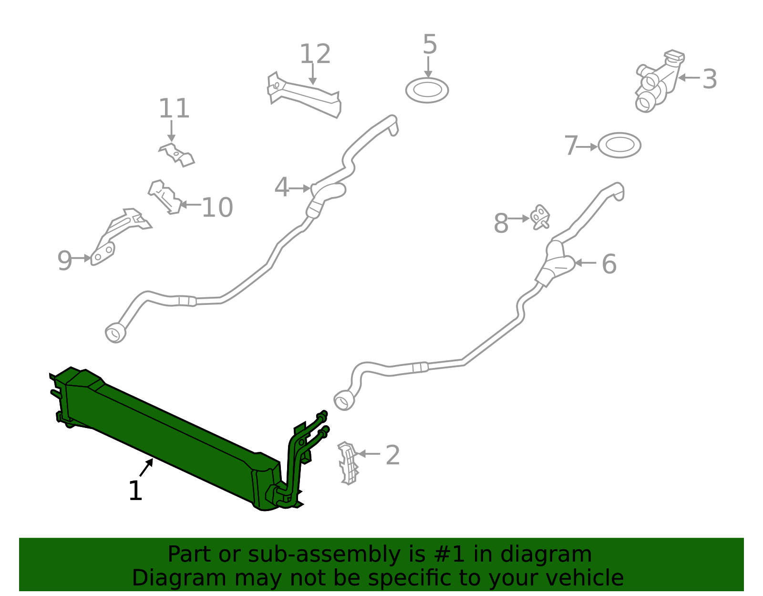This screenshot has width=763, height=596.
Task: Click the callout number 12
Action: coord(315,54)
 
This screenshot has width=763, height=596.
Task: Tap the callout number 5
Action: coord(430,44)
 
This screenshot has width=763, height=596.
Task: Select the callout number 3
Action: coord(709,79)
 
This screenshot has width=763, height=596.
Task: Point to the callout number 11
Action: coord(174,108)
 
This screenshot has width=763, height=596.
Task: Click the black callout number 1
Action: coord(135,491)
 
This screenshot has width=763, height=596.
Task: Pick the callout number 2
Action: coord(392,455)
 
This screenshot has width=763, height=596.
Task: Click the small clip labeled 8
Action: coord(540,217)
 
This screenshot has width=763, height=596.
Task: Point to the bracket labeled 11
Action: coord(176,155)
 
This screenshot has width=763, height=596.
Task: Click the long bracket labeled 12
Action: coord(304,95)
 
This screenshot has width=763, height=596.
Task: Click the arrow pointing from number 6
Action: coord(585,262)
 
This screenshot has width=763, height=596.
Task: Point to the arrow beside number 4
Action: coord(299,188)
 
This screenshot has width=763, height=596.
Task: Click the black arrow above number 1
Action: coord(146,467)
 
